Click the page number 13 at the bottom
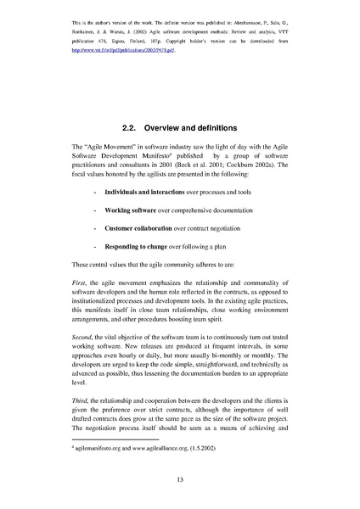click(x=180, y=480)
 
